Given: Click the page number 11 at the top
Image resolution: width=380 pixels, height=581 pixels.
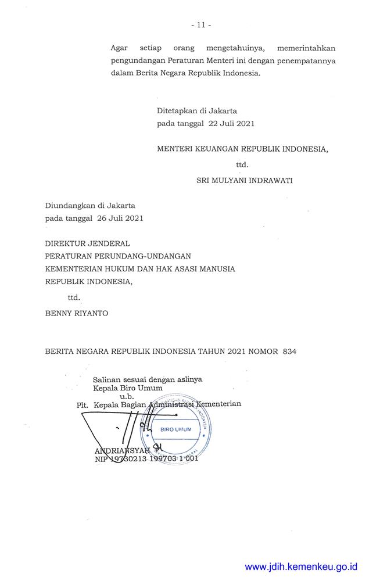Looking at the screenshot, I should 200,26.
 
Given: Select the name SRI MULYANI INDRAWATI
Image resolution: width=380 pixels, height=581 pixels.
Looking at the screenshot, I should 245,180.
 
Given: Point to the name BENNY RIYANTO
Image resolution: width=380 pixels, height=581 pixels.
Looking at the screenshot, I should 77,313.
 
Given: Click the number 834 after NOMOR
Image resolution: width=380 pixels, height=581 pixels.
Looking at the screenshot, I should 289,352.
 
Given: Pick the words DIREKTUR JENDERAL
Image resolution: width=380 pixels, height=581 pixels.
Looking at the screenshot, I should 88,243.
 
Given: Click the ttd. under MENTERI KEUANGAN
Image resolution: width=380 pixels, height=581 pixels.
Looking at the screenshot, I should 242,165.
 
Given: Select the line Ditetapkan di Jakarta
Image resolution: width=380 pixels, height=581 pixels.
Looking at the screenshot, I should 197,110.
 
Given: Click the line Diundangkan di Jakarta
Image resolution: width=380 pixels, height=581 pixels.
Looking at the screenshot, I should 90,205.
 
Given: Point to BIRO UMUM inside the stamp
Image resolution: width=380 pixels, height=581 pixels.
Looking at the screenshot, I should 175,430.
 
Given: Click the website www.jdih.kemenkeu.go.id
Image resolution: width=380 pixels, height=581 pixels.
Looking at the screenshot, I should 301,567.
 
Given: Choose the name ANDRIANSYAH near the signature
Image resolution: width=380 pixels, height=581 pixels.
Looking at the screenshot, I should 121,450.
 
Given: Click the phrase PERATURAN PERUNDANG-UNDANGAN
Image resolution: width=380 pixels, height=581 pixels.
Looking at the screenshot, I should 119,256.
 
